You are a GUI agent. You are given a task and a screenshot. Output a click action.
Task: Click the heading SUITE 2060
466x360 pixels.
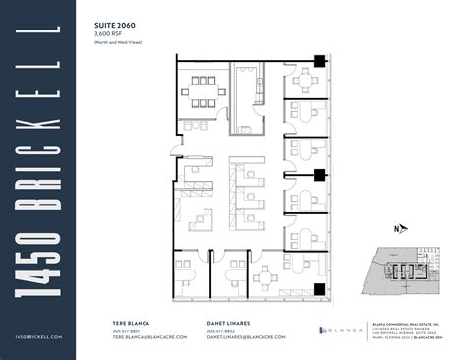(x=115, y=25)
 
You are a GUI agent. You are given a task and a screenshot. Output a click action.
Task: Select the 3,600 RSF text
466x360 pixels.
(x=109, y=34)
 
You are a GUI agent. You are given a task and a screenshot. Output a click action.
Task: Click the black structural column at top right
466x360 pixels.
(x=318, y=60)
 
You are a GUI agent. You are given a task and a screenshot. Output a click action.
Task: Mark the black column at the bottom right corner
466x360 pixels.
(x=318, y=288)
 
